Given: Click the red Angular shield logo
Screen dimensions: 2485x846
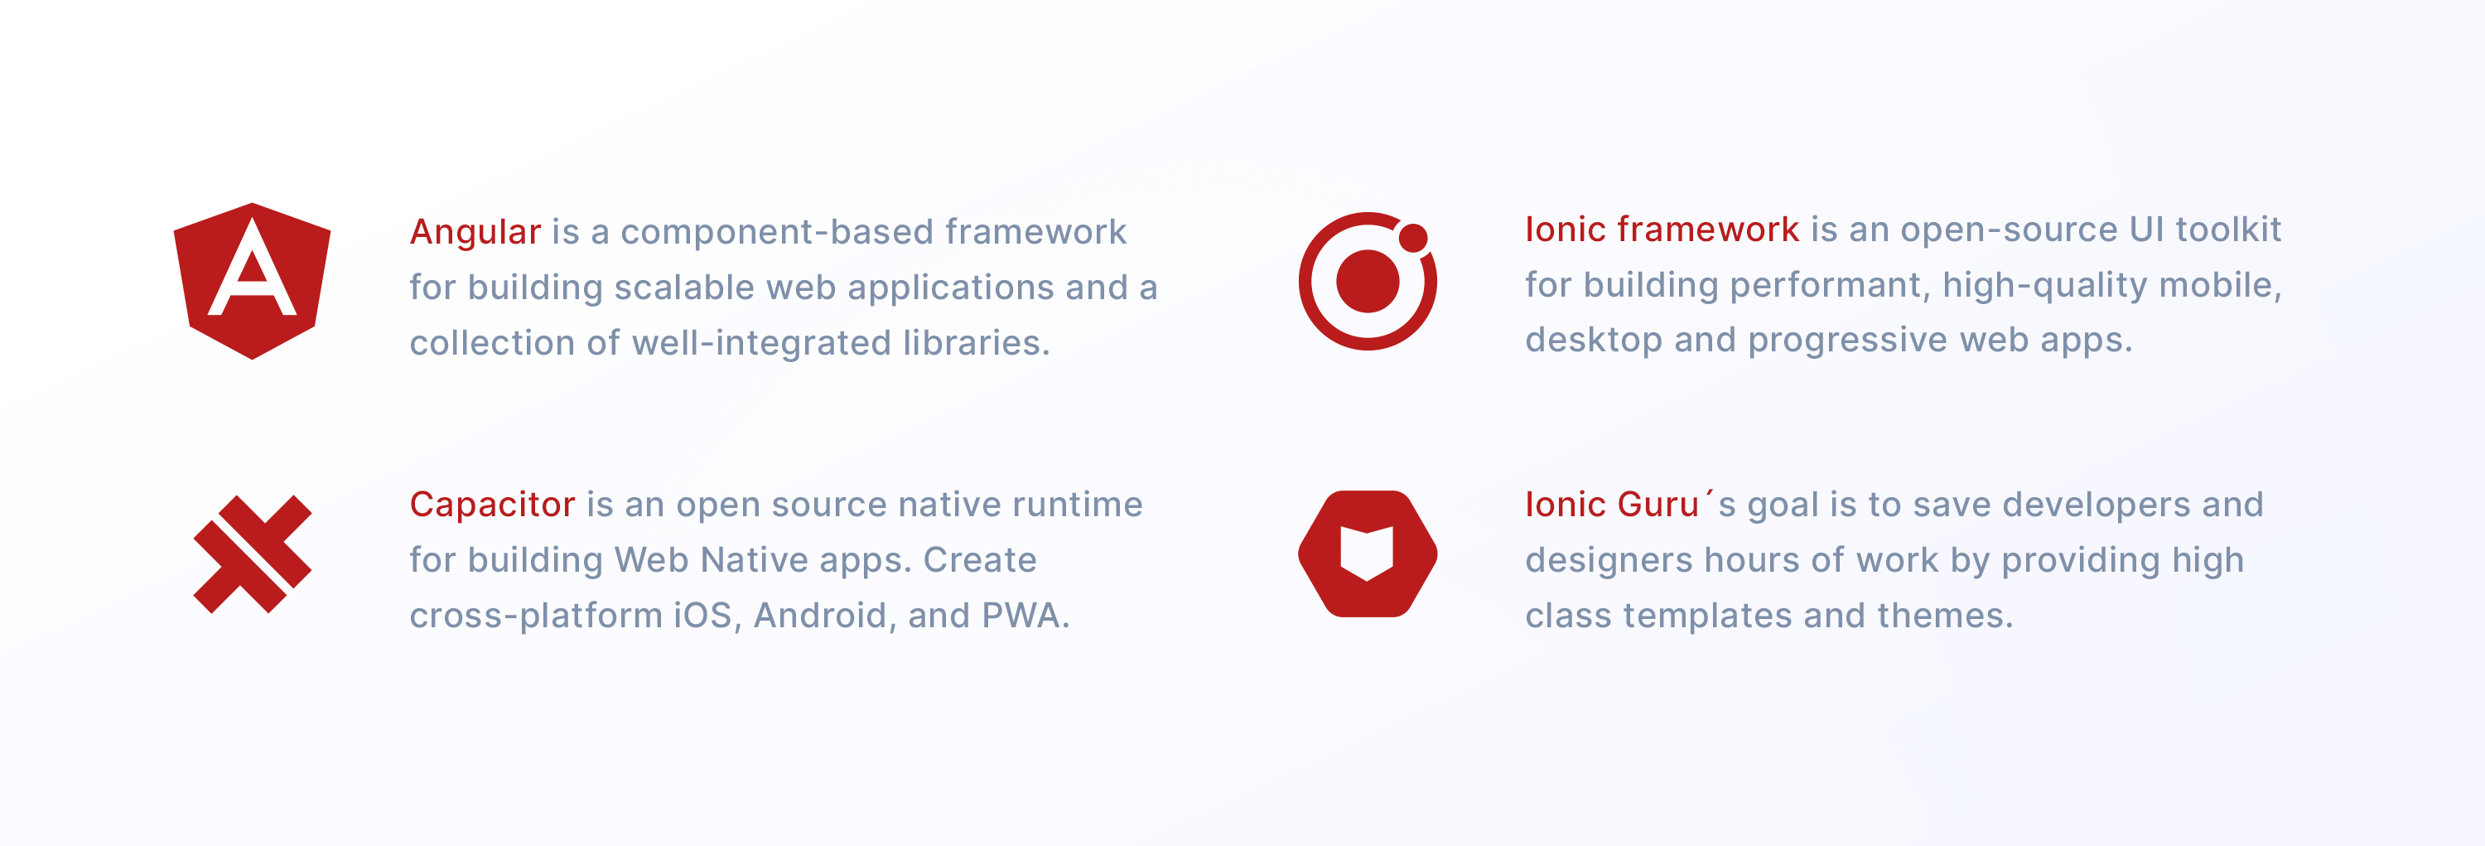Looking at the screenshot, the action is pyautogui.click(x=252, y=281).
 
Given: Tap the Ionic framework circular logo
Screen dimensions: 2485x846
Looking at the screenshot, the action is pyautogui.click(x=1367, y=281).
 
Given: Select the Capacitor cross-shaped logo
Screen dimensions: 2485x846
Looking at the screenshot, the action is pyautogui.click(x=253, y=554).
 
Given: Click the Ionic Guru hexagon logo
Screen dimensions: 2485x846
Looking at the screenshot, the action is pyautogui.click(x=1367, y=554).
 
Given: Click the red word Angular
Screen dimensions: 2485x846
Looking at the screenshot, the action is pyautogui.click(x=475, y=234).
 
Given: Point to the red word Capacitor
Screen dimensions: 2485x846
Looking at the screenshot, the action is pyautogui.click(x=492, y=505).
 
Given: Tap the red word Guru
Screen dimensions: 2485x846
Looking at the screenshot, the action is pyautogui.click(x=1657, y=505).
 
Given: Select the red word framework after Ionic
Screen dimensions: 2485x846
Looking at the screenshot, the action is pyautogui.click(x=1707, y=230).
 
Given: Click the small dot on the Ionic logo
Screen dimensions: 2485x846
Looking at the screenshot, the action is pyautogui.click(x=1412, y=237).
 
